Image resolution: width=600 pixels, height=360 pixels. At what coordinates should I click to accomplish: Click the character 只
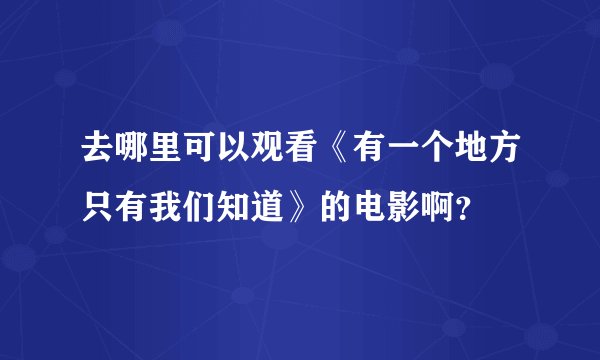click(x=101, y=207)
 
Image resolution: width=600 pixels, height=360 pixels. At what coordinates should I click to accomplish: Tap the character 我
click(x=173, y=207)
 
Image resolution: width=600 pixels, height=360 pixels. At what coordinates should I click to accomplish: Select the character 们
click(x=209, y=207)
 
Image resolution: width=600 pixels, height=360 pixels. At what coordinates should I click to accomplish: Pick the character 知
click(x=245, y=207)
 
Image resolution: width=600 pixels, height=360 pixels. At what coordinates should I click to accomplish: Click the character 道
click(x=281, y=207)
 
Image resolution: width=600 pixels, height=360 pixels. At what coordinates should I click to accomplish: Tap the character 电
click(x=389, y=207)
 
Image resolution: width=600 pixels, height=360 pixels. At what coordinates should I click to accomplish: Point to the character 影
click(x=425, y=207)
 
